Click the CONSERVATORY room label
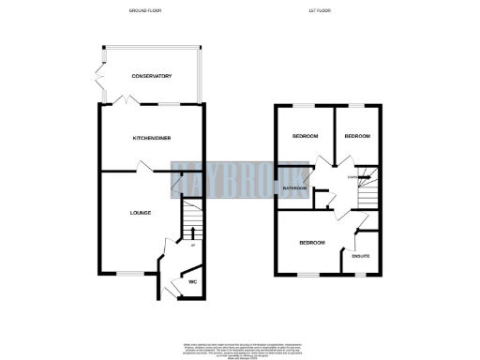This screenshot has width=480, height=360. [151, 75]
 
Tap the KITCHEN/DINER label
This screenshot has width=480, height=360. [151, 138]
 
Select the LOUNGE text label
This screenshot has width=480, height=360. [141, 213]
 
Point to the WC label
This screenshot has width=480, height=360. [191, 280]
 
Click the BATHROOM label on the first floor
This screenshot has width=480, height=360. [297, 188]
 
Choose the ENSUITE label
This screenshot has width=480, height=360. [361, 255]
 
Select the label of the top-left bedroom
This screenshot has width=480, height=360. [305, 136]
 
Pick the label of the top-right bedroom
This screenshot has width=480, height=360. [357, 136]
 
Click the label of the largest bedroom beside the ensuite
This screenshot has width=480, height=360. [311, 243]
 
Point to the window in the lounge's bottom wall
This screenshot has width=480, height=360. [126, 273]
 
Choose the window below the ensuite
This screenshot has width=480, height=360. [361, 275]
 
